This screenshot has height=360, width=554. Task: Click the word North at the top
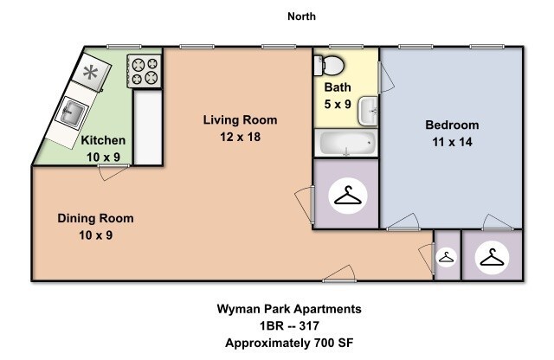[x=301, y=16]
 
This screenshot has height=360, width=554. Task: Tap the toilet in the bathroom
[x=329, y=66]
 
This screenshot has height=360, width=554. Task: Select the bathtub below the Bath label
[x=346, y=143]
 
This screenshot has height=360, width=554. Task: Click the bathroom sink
[x=368, y=112]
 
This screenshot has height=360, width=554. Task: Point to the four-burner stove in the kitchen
[x=145, y=71]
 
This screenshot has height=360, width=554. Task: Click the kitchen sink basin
[x=73, y=112]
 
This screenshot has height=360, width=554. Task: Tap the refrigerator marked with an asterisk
[x=91, y=73]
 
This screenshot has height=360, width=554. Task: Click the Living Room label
[x=240, y=119]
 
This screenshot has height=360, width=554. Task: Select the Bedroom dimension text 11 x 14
[x=452, y=142]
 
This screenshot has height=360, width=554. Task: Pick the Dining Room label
[x=96, y=218]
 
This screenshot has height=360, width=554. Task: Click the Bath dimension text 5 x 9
[x=338, y=104]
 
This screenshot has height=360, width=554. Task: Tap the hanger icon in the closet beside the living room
[x=348, y=196]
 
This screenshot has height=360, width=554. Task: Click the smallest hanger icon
[x=446, y=257]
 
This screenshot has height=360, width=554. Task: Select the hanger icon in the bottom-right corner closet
[x=493, y=258]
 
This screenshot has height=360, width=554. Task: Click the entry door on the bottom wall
[x=339, y=273]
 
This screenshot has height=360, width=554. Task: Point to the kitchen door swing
[x=113, y=172]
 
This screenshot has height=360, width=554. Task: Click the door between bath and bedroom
[x=386, y=78]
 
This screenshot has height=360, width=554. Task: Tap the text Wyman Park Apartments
[x=289, y=309]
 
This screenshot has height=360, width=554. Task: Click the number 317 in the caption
[x=309, y=325]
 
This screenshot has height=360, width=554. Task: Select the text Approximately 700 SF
[x=289, y=343]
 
